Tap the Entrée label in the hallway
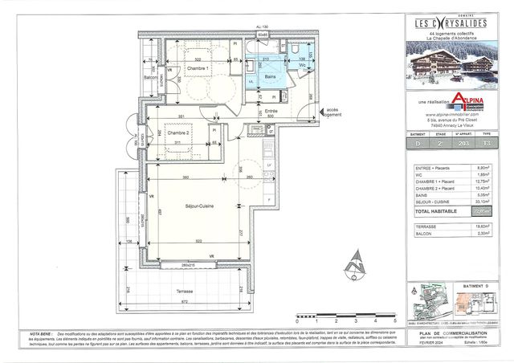click(x=271, y=111)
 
